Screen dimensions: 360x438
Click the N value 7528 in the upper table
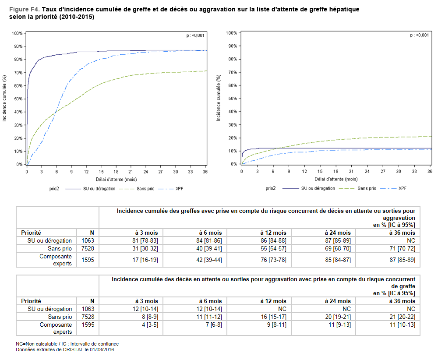pos(88,248)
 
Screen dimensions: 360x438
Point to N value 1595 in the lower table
pos(88,325)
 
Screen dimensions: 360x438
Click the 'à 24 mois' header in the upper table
pos(338,233)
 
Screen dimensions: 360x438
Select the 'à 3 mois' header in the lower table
pos(146,301)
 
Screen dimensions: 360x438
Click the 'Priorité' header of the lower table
pos(31,301)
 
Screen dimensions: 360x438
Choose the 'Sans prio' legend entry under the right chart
pos(367,188)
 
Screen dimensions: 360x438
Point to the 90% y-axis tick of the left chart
pos(18,46)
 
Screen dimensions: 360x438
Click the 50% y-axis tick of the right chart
pos(233,99)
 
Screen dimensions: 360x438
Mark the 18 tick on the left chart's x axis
pos(116,171)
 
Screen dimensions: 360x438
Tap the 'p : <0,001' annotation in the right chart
pos(419,35)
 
